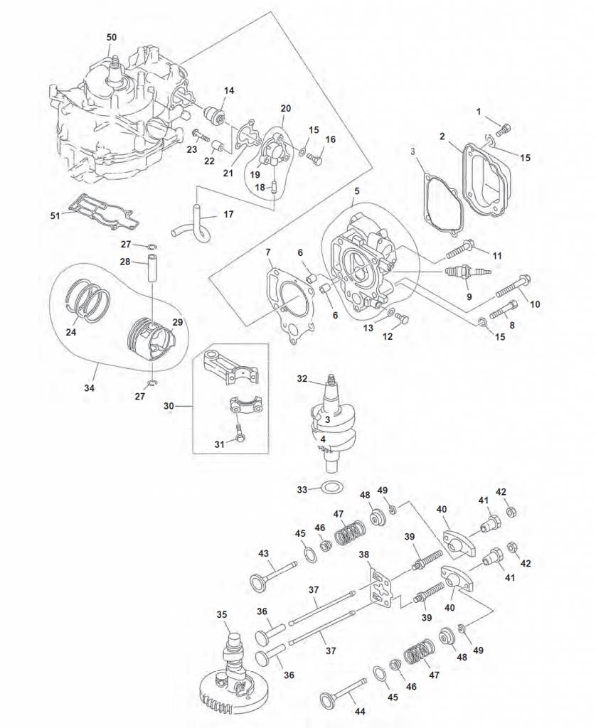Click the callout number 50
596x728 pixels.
[x=112, y=36]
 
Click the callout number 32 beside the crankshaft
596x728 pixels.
[x=302, y=379]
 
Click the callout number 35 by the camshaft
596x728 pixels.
[x=222, y=614]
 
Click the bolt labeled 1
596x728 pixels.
[x=504, y=129]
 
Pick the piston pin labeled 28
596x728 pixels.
[x=152, y=270]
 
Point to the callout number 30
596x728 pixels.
[x=169, y=406]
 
